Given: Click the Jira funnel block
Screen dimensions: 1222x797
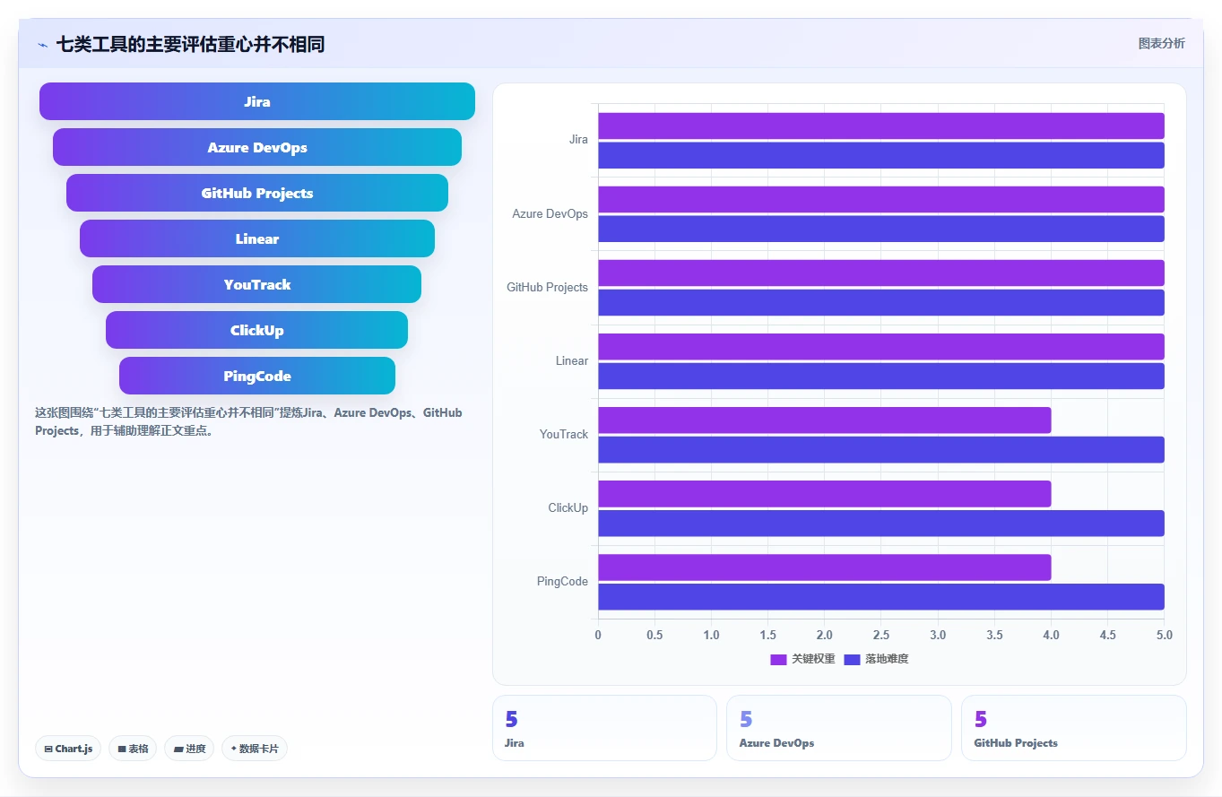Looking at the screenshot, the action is (257, 101).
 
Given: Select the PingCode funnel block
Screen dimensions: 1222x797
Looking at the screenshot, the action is (257, 376).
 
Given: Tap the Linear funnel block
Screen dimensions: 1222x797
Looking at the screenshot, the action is (257, 238).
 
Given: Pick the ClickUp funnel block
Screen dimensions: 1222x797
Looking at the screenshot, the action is (257, 330).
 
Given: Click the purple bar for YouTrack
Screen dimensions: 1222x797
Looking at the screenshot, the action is (824, 420).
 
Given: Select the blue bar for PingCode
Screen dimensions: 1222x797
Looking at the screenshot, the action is (881, 597).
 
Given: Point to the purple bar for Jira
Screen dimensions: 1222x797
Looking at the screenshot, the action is (881, 126).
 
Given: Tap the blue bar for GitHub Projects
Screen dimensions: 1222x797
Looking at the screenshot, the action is (881, 302).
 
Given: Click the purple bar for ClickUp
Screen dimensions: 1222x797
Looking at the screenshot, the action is (824, 494).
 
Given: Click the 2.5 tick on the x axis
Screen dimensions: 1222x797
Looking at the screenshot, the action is (881, 635).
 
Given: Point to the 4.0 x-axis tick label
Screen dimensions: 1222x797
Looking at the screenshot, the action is (1052, 635).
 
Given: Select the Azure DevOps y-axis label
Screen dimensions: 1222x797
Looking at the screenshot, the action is (550, 214).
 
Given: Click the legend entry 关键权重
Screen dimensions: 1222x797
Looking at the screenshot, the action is (802, 659).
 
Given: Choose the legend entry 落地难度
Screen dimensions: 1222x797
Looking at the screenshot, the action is (876, 659).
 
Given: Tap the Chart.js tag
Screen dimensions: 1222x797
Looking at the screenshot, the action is (68, 749).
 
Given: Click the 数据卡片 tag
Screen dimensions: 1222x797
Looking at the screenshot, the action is (255, 749).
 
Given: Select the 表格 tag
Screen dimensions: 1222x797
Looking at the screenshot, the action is (133, 749).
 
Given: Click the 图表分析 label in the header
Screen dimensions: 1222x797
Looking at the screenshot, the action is (1161, 44).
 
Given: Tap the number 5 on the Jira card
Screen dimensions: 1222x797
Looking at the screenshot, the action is (511, 719).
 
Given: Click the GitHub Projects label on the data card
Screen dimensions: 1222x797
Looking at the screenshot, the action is (1016, 743).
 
